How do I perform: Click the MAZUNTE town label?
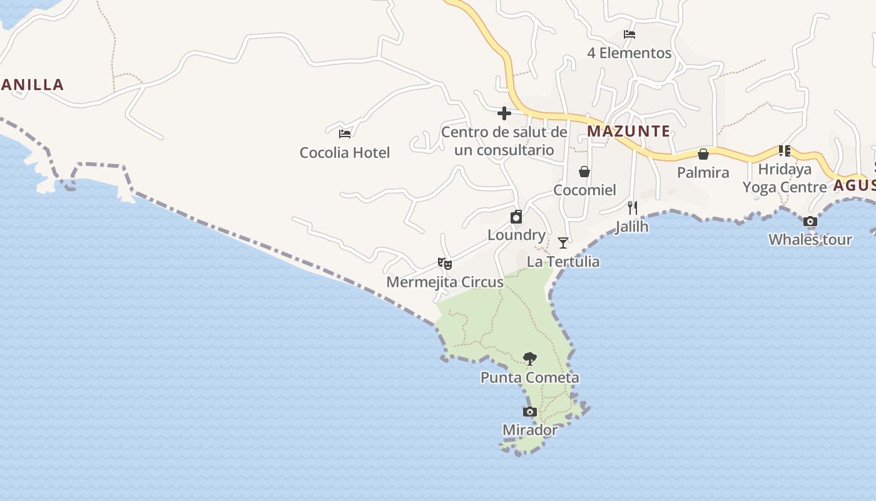(628, 132)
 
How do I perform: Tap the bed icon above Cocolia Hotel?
(345, 133)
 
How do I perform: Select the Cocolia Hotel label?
(345, 153)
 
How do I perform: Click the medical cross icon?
(504, 113)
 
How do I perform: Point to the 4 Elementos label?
(629, 53)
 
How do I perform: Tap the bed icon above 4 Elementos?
(629, 34)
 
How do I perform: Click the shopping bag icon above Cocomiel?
(584, 172)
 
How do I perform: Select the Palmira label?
(703, 172)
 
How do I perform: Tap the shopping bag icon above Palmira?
(703, 154)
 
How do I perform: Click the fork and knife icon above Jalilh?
(633, 207)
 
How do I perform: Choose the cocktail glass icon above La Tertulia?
(563, 243)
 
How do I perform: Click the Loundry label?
(516, 235)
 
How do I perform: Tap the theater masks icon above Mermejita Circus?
(445, 264)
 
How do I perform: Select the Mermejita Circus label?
(445, 282)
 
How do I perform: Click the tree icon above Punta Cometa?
(530, 359)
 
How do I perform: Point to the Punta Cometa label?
(530, 378)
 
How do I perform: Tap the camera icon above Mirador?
(530, 412)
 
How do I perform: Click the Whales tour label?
(810, 240)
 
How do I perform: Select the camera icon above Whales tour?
(810, 222)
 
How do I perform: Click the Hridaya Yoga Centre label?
(785, 178)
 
